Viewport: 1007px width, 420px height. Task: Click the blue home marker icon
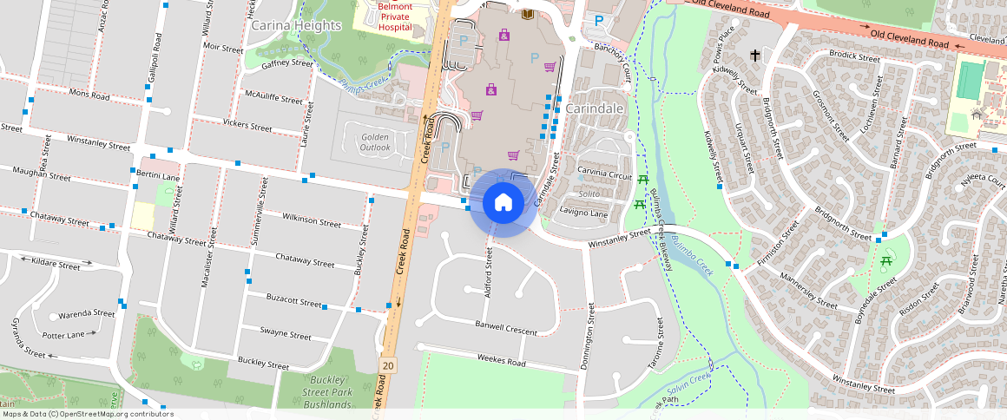[503, 203]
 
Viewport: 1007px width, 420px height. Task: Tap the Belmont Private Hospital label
[395, 16]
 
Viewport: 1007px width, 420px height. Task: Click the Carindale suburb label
[595, 109]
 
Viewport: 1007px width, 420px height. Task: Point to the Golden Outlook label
[376, 142]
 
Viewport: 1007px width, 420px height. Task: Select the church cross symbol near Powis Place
[755, 56]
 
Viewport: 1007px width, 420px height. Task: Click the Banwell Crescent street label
[506, 326]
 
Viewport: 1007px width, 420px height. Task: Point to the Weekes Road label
[502, 359]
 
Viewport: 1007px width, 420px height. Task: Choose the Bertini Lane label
[158, 176]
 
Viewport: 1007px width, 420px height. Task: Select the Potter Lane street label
[63, 335]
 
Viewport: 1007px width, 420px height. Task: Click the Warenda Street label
[87, 313]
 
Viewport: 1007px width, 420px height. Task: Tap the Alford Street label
[489, 272]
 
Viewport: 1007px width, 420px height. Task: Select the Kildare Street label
[55, 264]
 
